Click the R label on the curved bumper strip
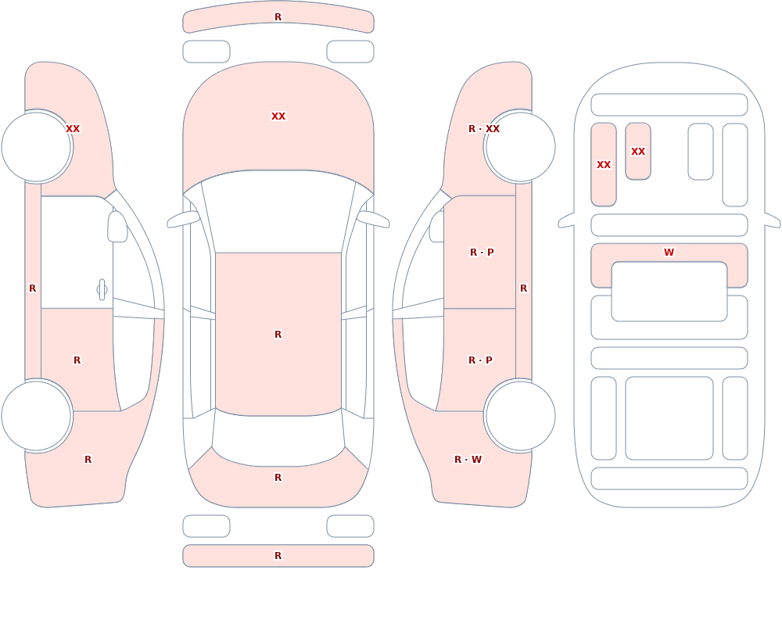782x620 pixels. pos(278,17)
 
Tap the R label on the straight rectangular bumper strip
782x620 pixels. pos(278,556)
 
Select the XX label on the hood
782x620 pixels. pos(278,116)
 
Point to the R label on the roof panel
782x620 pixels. pos(278,334)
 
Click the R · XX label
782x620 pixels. pos(484,129)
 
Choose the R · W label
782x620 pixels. pos(468,460)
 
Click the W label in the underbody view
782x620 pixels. pos(669,253)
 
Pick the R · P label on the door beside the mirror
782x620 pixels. pos(482,253)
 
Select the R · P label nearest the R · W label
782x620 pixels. pos(480,360)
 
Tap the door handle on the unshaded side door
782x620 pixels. pos(102,290)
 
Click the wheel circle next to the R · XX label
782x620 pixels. pos(520,147)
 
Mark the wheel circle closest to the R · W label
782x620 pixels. pos(520,415)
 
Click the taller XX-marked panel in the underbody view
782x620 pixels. pos(604,165)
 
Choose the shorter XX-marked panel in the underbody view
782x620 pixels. pos(638,151)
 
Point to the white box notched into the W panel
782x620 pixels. pos(669,292)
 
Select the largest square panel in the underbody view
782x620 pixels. pos(669,418)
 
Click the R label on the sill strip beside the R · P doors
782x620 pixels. pos(524,288)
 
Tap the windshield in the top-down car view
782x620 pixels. pos(278,212)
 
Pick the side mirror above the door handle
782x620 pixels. pos(117,227)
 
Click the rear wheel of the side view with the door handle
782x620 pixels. pos(37,415)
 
